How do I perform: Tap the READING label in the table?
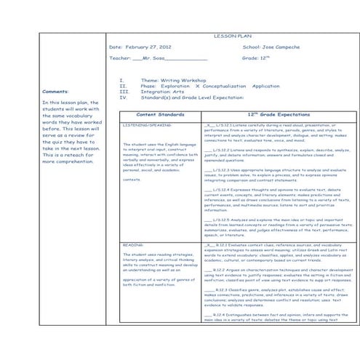pos(133,247)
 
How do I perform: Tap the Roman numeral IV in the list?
pos(123,97)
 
